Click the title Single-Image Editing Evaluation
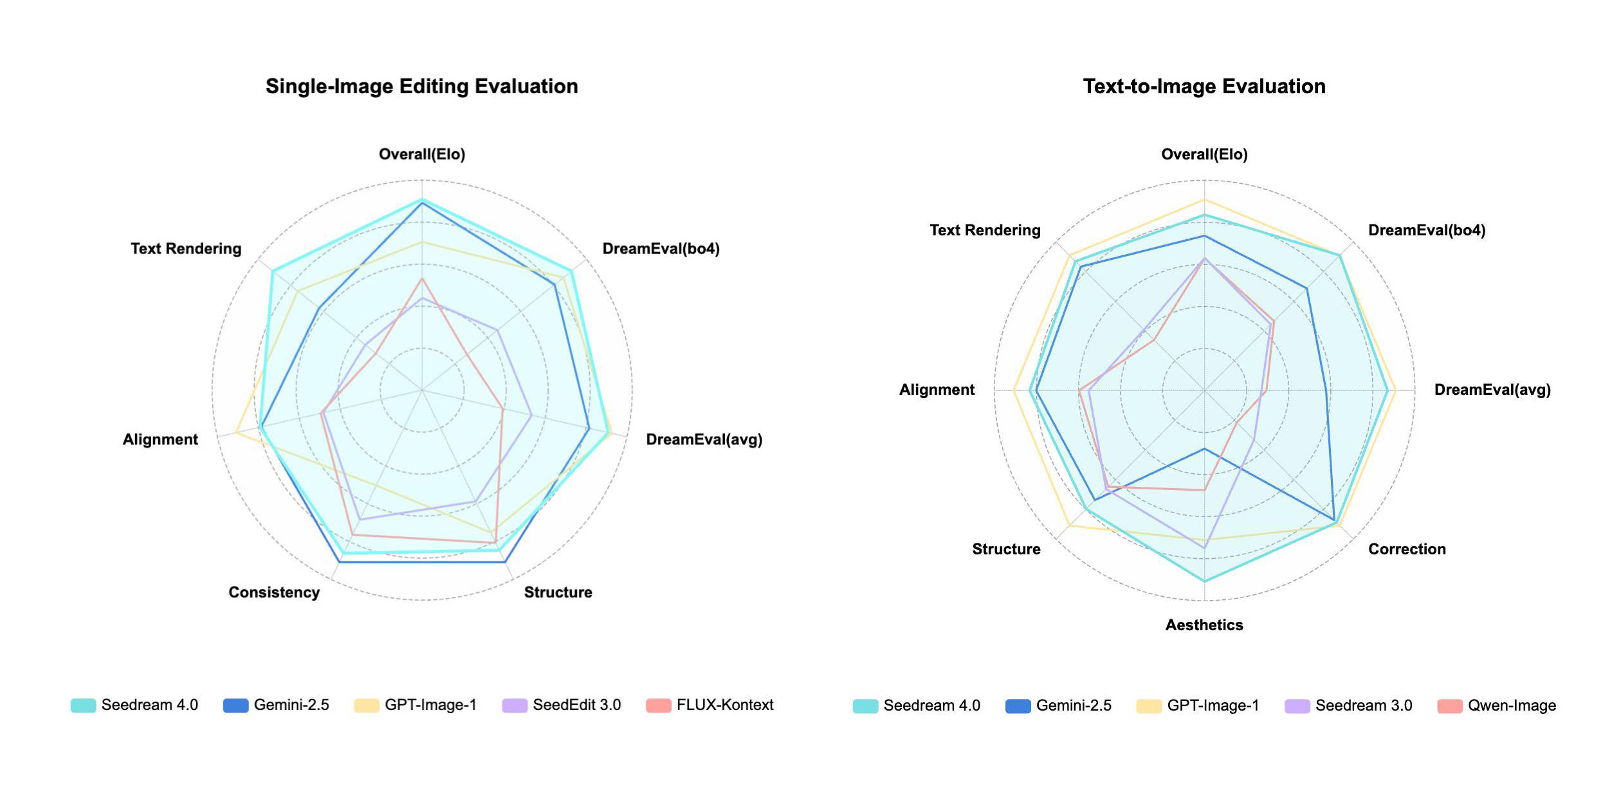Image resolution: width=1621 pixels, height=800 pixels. pyautogui.click(x=421, y=86)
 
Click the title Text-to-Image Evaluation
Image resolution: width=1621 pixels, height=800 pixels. pyautogui.click(x=1204, y=86)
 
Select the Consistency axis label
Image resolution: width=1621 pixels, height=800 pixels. pyautogui.click(x=274, y=592)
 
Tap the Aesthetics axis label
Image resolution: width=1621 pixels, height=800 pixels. pyautogui.click(x=1204, y=625)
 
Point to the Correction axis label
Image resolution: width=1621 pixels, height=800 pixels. pyautogui.click(x=1407, y=549)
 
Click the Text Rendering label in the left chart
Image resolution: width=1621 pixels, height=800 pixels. pyautogui.click(x=186, y=249)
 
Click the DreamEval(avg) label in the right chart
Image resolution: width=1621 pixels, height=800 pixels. pyautogui.click(x=1492, y=390)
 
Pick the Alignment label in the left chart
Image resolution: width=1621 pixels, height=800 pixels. pyautogui.click(x=160, y=440)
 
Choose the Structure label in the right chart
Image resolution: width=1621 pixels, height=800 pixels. pyautogui.click(x=1006, y=549)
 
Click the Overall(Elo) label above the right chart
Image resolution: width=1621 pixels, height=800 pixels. pyautogui.click(x=1204, y=154)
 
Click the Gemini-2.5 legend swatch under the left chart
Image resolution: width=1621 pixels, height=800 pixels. pyautogui.click(x=235, y=705)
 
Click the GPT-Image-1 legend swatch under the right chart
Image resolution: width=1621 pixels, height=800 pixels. pyautogui.click(x=1149, y=706)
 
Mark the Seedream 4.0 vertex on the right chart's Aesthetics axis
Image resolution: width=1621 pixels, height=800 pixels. pyautogui.click(x=1204, y=581)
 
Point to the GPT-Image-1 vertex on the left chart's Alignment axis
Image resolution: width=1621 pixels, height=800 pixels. pyautogui.click(x=236, y=432)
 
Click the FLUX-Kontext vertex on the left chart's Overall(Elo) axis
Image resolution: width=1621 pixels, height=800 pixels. pyautogui.click(x=422, y=278)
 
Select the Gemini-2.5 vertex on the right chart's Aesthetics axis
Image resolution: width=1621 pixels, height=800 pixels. pyautogui.click(x=1204, y=449)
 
